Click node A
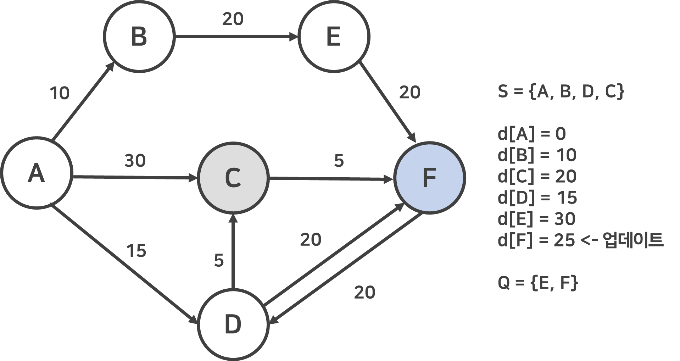point(37,173)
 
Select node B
point(139,36)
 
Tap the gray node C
point(233,177)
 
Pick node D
point(233,324)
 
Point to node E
point(334,36)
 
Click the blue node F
point(429,177)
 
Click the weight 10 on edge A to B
point(60,93)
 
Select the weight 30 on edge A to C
point(135,161)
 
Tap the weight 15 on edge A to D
point(136,251)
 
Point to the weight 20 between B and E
point(233,19)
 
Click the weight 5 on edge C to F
point(339,161)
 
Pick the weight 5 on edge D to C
point(219,260)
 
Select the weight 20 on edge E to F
point(410,93)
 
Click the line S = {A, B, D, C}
point(561,91)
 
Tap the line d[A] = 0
point(531,134)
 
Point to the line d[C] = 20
point(537,177)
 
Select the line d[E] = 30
point(536,219)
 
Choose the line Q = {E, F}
point(538,283)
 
